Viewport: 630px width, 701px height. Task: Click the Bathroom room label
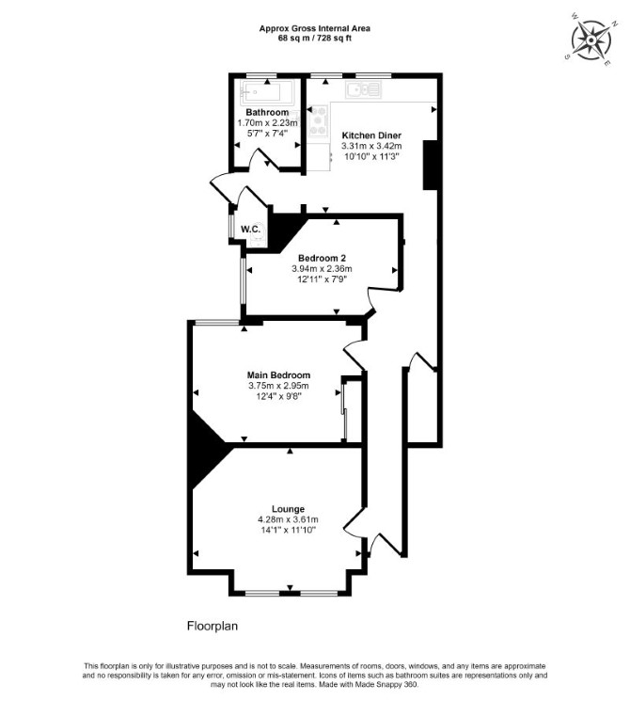click(x=267, y=112)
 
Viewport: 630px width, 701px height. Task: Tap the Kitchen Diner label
click(x=371, y=135)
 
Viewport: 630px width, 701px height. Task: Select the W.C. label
click(x=251, y=230)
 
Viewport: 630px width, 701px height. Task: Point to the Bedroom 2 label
click(x=322, y=258)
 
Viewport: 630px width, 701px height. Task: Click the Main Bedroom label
click(x=278, y=375)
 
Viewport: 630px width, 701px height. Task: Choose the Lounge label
click(x=288, y=509)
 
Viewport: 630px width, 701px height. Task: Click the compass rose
click(x=591, y=40)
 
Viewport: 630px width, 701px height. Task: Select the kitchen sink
click(x=363, y=90)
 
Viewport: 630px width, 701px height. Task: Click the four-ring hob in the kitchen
click(x=319, y=119)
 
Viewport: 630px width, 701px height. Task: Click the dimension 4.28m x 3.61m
click(x=288, y=519)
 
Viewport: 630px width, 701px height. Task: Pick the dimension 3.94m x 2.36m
click(x=322, y=269)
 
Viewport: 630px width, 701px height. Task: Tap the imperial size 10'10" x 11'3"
click(x=371, y=156)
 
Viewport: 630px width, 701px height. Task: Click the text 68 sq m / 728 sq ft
click(x=315, y=38)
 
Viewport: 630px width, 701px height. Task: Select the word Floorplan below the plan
click(x=213, y=626)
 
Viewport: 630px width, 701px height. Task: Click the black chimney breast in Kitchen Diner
click(x=430, y=165)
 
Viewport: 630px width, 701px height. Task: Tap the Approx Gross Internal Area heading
click(x=315, y=28)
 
